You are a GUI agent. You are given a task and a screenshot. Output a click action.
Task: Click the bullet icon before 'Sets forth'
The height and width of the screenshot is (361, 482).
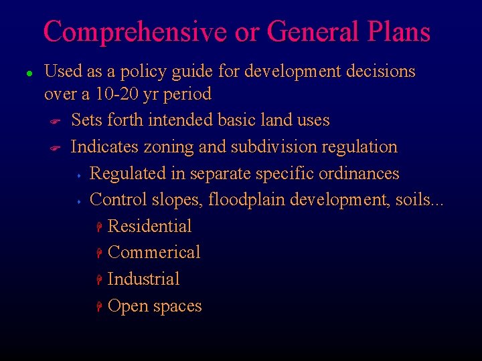pos(56,121)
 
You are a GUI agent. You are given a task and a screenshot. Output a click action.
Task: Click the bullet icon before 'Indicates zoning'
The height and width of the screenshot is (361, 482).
pos(56,148)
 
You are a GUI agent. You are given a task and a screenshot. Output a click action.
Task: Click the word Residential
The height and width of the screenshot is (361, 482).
pos(149,227)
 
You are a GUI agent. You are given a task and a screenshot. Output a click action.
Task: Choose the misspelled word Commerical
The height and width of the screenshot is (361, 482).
pos(154,253)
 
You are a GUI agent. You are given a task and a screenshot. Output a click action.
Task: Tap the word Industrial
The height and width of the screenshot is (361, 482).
pos(143,279)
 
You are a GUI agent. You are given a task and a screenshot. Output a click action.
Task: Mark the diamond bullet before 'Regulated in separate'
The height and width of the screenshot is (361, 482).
pos(78,175)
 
